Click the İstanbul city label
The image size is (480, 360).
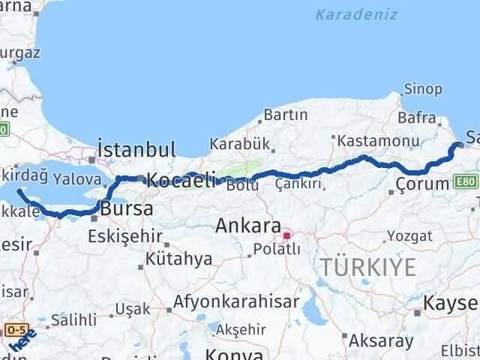pyautogui.click(x=136, y=148)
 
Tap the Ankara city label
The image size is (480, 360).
pyautogui.click(x=248, y=225)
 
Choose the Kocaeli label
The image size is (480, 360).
pyautogui.click(x=181, y=179)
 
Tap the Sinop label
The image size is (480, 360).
pyautogui.click(x=423, y=89)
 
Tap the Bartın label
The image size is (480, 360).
pyautogui.click(x=285, y=115)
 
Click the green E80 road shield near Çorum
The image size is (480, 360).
pyautogui.click(x=465, y=182)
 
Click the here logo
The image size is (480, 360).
pyautogui.click(x=22, y=341)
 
